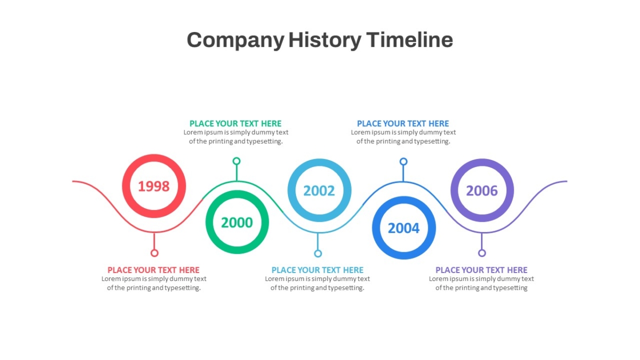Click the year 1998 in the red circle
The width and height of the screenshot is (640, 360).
pos(154,186)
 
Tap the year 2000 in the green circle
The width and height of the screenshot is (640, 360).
pos(237,222)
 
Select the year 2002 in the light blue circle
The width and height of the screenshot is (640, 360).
pos(319,191)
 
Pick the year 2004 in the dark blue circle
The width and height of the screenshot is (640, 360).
pos(404,228)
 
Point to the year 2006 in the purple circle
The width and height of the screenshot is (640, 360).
pos(482,191)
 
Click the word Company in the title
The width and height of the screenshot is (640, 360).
pos(235,41)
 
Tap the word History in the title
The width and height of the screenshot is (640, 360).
pos(325,41)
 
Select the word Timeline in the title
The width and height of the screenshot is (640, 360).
pos(410,39)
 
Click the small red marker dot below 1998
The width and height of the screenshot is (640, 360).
pos(154,253)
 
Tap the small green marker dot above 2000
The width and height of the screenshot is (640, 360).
pos(236,161)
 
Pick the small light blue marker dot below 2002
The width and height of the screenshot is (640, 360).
pos(318,253)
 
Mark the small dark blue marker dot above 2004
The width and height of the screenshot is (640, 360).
pos(403,162)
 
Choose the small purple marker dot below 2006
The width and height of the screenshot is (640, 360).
pos(482,253)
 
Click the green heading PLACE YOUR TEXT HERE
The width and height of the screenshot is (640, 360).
pos(235,123)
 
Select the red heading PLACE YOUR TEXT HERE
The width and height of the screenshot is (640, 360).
pos(154,270)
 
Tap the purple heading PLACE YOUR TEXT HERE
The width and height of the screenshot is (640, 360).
pos(482,270)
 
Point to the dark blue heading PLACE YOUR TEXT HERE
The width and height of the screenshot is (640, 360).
pos(403,123)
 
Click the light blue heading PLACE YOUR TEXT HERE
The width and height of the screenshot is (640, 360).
pos(317,270)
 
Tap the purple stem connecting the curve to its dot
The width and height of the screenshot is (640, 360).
pos(482,241)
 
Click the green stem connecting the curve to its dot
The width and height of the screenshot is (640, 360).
pos(237,173)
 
